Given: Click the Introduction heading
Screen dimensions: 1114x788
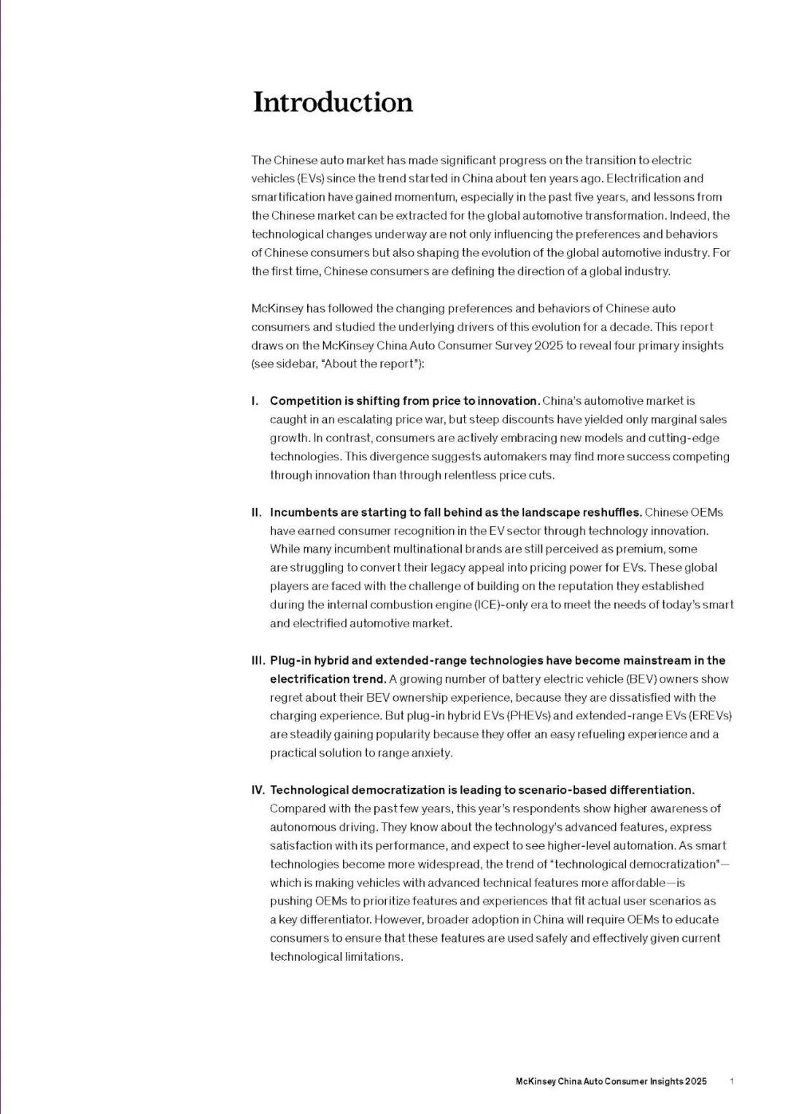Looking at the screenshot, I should pyautogui.click(x=333, y=102).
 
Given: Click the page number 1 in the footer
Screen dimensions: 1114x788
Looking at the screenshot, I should pyautogui.click(x=731, y=1082).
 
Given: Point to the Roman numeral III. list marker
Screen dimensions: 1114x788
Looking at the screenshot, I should pyautogui.click(x=258, y=660).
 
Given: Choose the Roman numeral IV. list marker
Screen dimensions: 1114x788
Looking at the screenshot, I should pyautogui.click(x=258, y=790).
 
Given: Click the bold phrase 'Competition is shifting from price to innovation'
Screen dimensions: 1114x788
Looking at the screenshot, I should pyautogui.click(x=404, y=401).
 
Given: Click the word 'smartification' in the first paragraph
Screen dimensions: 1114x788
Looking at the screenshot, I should pyautogui.click(x=287, y=197).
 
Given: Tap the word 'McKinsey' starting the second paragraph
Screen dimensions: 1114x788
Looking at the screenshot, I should pyautogui.click(x=274, y=309).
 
